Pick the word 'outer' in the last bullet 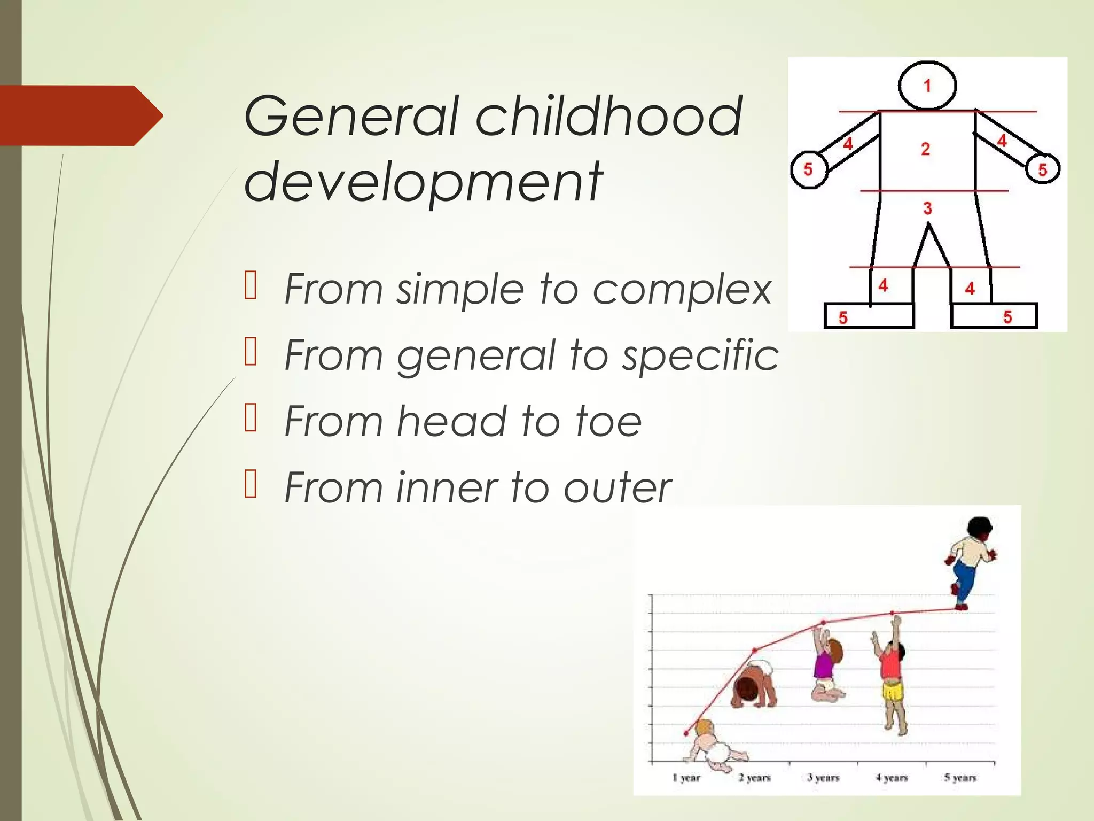pos(618,487)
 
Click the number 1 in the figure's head pos(927,86)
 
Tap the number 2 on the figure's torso pos(925,149)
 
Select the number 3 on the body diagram pos(927,208)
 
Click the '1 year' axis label pos(686,778)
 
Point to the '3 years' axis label pos(823,778)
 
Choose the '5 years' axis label pos(960,778)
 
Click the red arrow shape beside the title pos(80,115)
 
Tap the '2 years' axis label pos(755,778)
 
